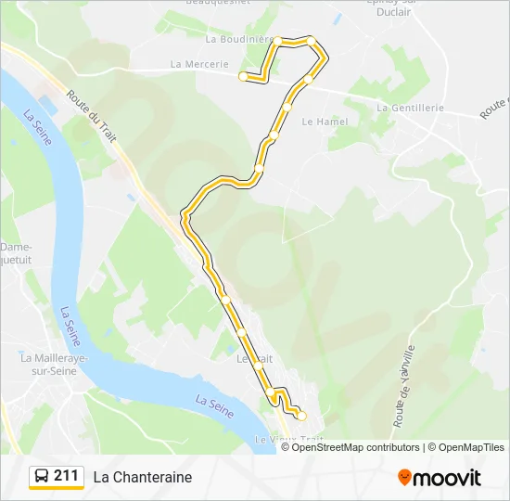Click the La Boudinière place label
[x=238, y=39]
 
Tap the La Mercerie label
[x=199, y=64]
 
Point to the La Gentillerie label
[x=411, y=108]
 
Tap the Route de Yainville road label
[x=404, y=385]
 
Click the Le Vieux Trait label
[x=289, y=439]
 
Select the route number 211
[x=66, y=476]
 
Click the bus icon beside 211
[x=42, y=477]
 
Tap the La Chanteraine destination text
[x=142, y=477]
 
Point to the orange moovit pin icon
[x=404, y=478]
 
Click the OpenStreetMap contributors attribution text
[x=356, y=447]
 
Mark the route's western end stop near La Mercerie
[x=243, y=76]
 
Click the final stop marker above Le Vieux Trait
[x=301, y=416]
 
